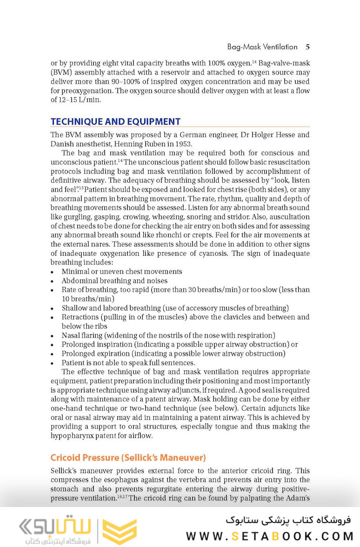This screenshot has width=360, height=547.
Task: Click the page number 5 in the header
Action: click(307, 47)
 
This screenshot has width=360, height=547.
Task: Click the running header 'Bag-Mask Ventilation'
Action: click(262, 47)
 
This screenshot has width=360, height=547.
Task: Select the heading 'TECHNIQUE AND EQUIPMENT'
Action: click(115, 122)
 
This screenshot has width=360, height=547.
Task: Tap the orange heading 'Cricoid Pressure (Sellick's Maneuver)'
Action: click(128, 458)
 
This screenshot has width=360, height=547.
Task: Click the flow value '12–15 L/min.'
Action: click(80, 100)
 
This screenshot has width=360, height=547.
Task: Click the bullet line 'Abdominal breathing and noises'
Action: click(114, 281)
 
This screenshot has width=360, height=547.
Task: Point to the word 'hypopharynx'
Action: click(72, 436)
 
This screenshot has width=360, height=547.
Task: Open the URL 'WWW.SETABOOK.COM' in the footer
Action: click(269, 536)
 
